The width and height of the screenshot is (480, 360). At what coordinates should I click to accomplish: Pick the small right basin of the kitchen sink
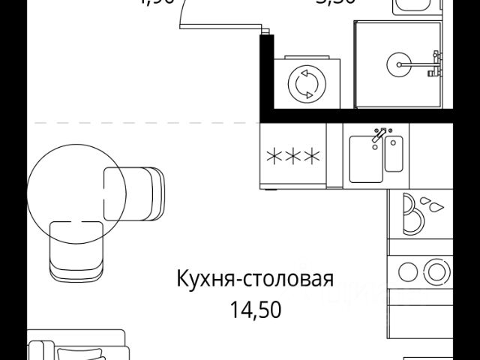pos(394,154)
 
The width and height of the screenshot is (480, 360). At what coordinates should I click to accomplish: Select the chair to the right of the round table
pos(135,191)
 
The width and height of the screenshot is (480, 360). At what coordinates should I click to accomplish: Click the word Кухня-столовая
pos(254,281)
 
